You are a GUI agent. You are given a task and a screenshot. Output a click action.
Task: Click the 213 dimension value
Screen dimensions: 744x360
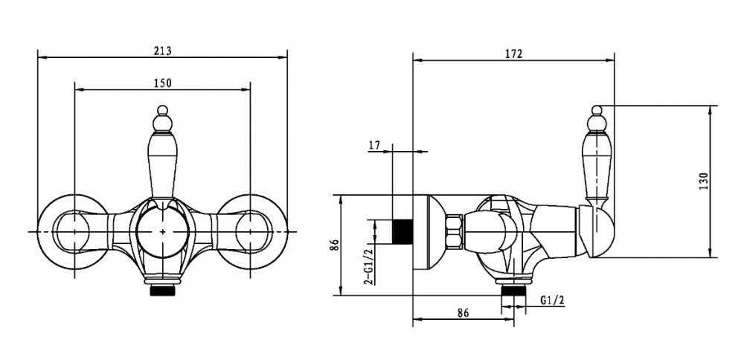pyautogui.click(x=162, y=51)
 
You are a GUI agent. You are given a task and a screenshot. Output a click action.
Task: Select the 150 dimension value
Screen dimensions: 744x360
pyautogui.click(x=162, y=83)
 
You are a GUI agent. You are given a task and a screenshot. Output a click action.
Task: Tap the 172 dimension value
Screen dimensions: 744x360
pyautogui.click(x=513, y=54)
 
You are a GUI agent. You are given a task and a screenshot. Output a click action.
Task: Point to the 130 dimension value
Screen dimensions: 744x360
pyautogui.click(x=704, y=181)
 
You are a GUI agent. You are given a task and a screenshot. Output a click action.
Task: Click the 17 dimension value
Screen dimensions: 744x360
pyautogui.click(x=374, y=145)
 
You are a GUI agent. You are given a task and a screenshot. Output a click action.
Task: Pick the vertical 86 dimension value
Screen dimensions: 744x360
pyautogui.click(x=335, y=245)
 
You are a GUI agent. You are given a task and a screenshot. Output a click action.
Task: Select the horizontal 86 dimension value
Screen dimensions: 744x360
pyautogui.click(x=463, y=312)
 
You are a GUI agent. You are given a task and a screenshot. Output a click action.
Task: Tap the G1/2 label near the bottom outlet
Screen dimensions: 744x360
pyautogui.click(x=552, y=300)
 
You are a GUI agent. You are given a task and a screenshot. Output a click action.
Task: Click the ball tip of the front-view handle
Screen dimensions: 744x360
pyautogui.click(x=162, y=111)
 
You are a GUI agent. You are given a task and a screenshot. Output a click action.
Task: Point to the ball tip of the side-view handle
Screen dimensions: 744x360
pyautogui.click(x=597, y=111)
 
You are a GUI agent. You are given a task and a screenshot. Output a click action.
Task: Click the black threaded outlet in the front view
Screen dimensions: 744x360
pyautogui.click(x=162, y=290)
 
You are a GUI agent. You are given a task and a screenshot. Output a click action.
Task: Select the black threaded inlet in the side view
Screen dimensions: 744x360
pyautogui.click(x=403, y=231)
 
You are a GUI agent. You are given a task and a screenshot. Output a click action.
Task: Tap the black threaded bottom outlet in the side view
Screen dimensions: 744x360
pyautogui.click(x=513, y=290)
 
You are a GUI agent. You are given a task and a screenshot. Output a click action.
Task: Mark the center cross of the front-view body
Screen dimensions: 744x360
pyautogui.click(x=162, y=232)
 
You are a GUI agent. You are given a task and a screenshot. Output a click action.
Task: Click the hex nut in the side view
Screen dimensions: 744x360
pyautogui.click(x=454, y=231)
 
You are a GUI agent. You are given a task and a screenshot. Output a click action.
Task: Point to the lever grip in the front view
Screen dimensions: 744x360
pyautogui.click(x=162, y=165)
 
